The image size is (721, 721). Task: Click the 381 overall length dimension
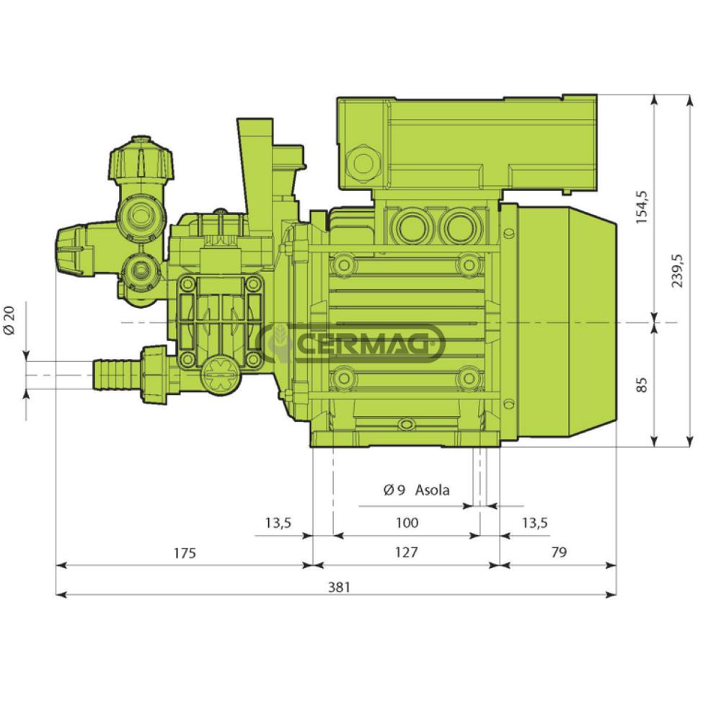click(x=340, y=587)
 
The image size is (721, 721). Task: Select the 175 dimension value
click(x=185, y=553)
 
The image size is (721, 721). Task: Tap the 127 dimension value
click(x=407, y=552)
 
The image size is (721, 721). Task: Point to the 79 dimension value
click(x=559, y=552)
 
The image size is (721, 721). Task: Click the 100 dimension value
click(x=407, y=523)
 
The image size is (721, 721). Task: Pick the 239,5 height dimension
click(x=678, y=271)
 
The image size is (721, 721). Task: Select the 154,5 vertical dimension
click(x=642, y=207)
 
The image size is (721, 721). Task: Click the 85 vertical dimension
click(x=642, y=384)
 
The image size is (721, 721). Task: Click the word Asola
click(x=432, y=490)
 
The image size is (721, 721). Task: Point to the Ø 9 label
click(x=394, y=490)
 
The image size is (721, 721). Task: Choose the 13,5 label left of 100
click(x=278, y=523)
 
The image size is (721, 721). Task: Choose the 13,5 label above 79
click(x=535, y=523)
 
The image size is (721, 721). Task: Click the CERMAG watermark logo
click(x=350, y=342)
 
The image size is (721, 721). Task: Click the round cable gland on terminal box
click(x=363, y=163)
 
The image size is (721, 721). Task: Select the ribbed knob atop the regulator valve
click(x=141, y=159)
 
